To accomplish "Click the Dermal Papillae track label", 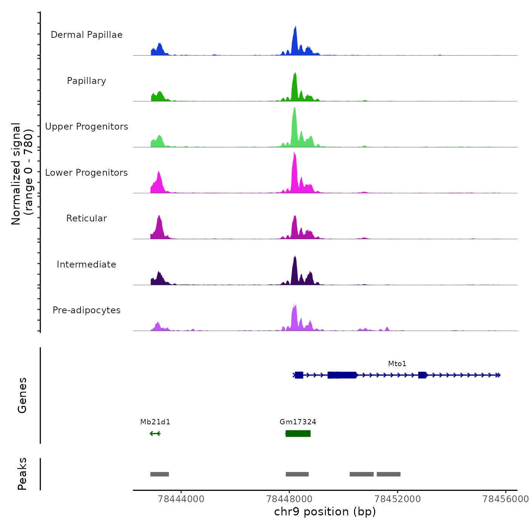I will (87, 35).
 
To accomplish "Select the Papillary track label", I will (87, 81).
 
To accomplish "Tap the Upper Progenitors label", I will (87, 127).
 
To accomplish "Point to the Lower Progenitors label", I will (87, 173).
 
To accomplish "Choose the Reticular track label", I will (87, 218).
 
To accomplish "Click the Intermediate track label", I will (87, 264).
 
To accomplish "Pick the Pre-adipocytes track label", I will (87, 310).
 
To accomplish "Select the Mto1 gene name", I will (397, 364).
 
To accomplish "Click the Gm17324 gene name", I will (298, 422).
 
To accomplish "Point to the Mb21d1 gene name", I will (155, 422).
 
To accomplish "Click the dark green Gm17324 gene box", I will (298, 433).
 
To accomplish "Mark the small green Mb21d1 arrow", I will (155, 433).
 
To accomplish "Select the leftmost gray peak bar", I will (159, 474).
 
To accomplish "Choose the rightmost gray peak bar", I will (388, 474).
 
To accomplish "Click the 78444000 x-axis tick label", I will (181, 499).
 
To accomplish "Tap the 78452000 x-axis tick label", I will (398, 499).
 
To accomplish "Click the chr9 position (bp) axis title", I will (325, 512).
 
